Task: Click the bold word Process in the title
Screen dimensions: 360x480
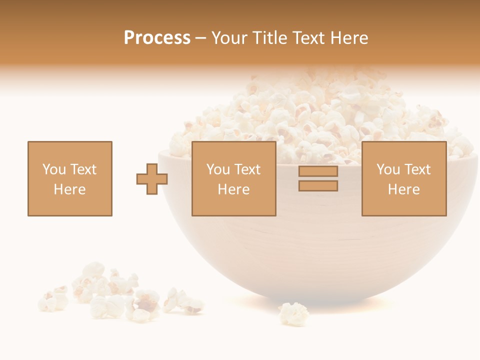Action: click(x=157, y=38)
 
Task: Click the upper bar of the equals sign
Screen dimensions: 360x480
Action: click(x=318, y=171)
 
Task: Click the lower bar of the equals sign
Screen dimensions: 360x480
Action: click(x=318, y=186)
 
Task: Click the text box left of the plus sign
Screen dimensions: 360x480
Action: click(x=70, y=178)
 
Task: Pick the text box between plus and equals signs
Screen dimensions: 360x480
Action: click(x=233, y=178)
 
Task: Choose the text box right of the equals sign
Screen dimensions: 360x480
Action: click(x=404, y=178)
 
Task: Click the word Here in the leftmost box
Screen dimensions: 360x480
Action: click(x=69, y=189)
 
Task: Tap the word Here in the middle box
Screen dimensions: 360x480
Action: click(x=233, y=189)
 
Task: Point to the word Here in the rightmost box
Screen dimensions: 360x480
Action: click(x=403, y=189)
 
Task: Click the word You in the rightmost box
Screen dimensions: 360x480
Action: click(x=388, y=169)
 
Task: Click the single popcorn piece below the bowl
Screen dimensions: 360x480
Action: click(x=294, y=313)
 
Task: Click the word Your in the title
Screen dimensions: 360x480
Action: click(x=229, y=38)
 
